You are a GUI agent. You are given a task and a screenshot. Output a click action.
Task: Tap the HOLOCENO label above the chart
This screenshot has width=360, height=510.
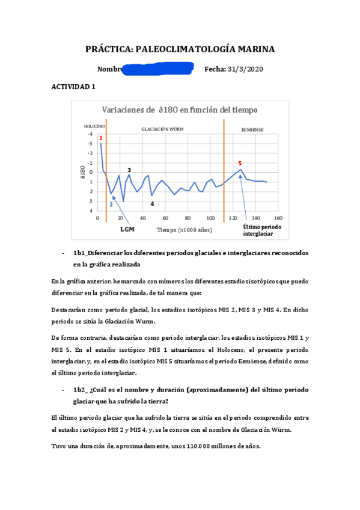pyautogui.click(x=94, y=126)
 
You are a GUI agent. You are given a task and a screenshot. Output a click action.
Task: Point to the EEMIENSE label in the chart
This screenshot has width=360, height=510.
pyautogui.click(x=252, y=129)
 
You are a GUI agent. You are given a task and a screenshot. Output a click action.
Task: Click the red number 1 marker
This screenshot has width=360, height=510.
pyautogui.click(x=100, y=138)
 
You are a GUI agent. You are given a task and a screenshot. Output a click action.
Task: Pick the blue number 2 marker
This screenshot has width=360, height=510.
pyautogui.click(x=111, y=204)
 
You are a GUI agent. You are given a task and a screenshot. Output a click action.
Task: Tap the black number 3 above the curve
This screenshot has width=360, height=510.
pyautogui.click(x=129, y=170)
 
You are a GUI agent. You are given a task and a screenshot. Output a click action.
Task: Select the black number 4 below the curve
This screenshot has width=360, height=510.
pyautogui.click(x=152, y=204)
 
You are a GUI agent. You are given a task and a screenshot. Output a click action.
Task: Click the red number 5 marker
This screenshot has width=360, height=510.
pyautogui.click(x=240, y=163)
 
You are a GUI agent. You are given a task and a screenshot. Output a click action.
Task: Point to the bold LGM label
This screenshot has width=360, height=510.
pyautogui.click(x=127, y=229)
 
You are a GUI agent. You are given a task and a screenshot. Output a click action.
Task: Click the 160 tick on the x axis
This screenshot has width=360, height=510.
pyautogui.click(x=278, y=218)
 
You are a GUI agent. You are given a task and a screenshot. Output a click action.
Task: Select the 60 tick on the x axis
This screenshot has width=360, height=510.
pyautogui.click(x=165, y=218)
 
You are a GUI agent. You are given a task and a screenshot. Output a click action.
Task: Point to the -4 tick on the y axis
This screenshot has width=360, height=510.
pyautogui.click(x=91, y=134)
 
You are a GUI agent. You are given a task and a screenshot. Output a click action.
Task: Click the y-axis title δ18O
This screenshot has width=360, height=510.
pyautogui.click(x=82, y=172)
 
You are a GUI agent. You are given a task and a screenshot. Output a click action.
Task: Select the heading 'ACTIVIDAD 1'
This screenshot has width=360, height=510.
pyautogui.click(x=74, y=87)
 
